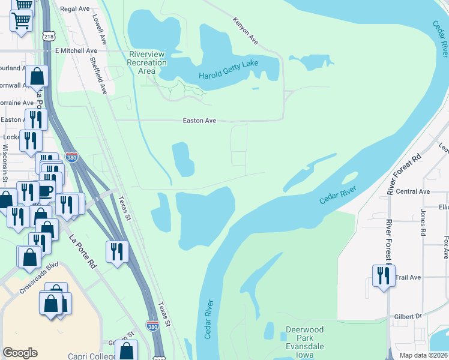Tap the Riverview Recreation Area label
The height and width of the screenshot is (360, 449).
click(x=147, y=62)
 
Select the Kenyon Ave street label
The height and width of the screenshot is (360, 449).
click(x=245, y=31)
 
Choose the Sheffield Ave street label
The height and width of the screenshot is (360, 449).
click(x=98, y=76)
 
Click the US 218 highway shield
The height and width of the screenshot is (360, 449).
click(x=49, y=37)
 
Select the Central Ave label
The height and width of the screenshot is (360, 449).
click(x=417, y=191)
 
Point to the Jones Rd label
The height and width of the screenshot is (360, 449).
click(x=423, y=222)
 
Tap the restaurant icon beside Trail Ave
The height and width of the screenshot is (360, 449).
click(x=383, y=276)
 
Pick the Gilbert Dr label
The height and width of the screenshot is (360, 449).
click(x=409, y=316)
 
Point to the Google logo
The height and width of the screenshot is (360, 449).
click(x=20, y=352)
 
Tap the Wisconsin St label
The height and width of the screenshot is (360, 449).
click(x=4, y=163)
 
